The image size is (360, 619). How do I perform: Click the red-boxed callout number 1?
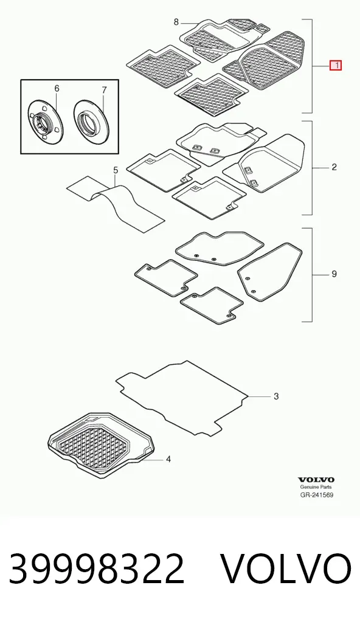coord(336,66)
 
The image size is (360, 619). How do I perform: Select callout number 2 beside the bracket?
coord(334,167)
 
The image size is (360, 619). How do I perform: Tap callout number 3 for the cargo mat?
coord(276,396)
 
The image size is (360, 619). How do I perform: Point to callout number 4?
coord(168,460)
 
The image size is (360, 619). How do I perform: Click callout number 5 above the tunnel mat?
coord(116,170)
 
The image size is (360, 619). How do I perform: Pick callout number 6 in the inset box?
coord(57,88)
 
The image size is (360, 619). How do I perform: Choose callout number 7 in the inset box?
coord(104,91)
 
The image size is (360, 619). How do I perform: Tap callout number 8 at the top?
coord(176,22)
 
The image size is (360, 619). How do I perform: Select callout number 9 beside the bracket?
coord(334,274)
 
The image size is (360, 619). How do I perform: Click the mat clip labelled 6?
coord(44,123)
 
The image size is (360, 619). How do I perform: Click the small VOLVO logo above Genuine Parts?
coord(316,480)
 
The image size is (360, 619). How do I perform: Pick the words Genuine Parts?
coord(316,488)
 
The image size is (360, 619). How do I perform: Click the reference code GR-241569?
coord(316,494)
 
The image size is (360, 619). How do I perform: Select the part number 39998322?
coord(97,569)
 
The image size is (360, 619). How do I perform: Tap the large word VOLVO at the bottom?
coord(285,569)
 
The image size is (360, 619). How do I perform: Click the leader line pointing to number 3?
coord(258,396)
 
